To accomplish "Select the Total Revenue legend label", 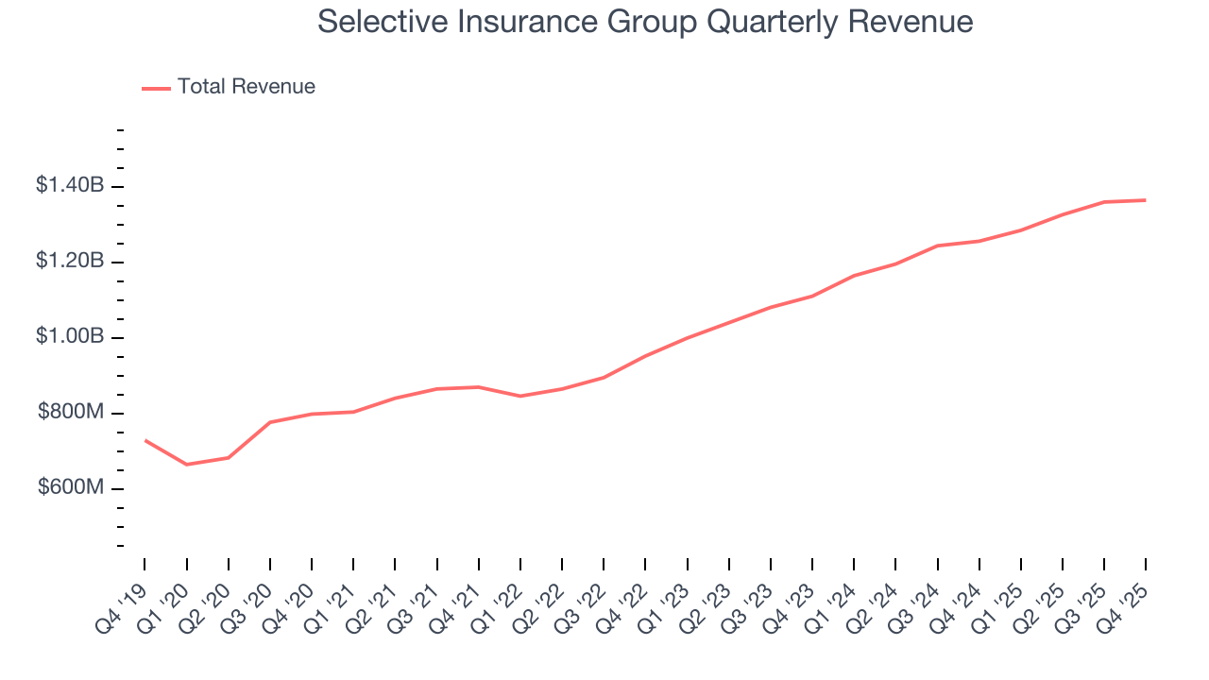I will (x=246, y=87).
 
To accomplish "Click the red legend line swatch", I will (x=156, y=88).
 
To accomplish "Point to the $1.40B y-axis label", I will (x=70, y=186).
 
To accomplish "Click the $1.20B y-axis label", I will (x=70, y=262).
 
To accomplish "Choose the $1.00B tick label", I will (x=70, y=337).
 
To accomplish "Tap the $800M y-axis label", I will (x=71, y=413).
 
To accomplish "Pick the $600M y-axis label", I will (x=71, y=488).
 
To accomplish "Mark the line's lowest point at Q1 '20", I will (x=186, y=465).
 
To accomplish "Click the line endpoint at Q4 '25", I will (x=1146, y=200).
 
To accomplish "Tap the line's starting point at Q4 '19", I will (x=145, y=440).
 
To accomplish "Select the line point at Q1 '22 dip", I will (x=520, y=396).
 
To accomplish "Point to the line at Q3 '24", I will (x=937, y=246).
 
